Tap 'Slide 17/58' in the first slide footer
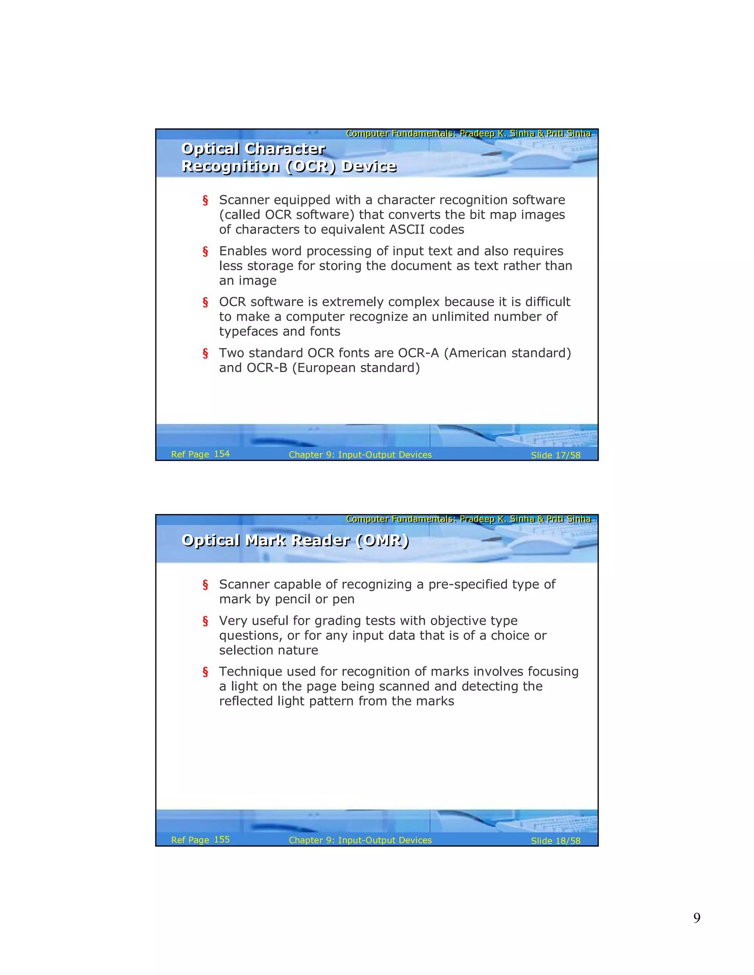[555, 455]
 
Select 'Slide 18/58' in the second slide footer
[555, 841]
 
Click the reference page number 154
[222, 454]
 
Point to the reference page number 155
[222, 839]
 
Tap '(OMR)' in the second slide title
[383, 540]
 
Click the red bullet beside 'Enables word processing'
[205, 251]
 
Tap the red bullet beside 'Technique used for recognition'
[205, 672]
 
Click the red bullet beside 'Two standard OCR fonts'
[205, 354]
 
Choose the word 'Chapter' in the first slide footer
[306, 455]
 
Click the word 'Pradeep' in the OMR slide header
[477, 519]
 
